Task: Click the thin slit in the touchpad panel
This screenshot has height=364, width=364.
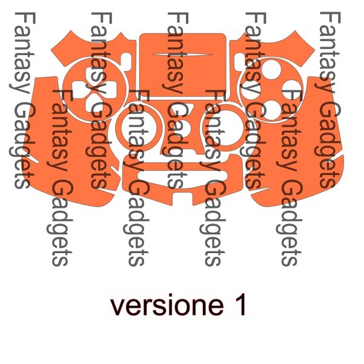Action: [x=182, y=55]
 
